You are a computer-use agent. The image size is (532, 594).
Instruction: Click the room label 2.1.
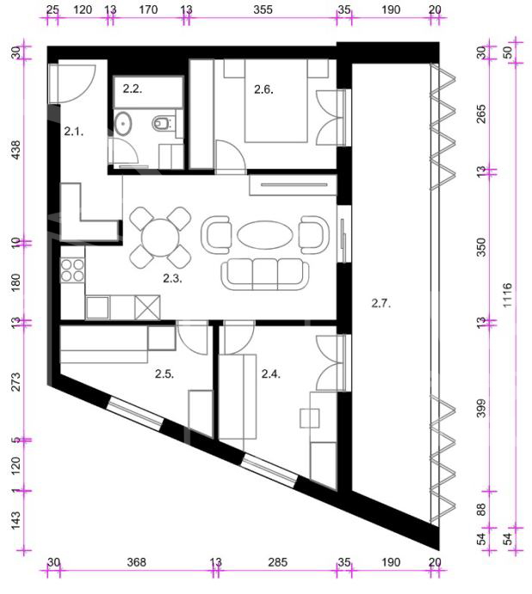73,132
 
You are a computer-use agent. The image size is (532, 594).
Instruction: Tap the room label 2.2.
133,89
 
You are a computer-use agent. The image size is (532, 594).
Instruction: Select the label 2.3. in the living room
172,278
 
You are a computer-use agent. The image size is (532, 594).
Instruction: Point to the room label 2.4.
271,374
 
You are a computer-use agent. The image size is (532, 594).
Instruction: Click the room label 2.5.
164,374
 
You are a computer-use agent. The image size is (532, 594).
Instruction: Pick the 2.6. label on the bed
263,90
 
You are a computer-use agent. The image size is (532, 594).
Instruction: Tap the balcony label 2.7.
380,303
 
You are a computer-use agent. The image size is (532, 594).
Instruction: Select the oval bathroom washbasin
123,123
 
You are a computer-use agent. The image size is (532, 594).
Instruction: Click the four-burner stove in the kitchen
73,270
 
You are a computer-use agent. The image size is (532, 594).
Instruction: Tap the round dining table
160,238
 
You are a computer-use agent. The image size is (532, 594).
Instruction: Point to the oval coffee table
265,235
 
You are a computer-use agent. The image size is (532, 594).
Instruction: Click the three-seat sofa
265,275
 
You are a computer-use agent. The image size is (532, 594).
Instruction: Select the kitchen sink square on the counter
98,307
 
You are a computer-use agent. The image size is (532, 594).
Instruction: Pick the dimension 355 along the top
263,9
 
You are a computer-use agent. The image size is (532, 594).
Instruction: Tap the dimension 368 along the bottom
136,562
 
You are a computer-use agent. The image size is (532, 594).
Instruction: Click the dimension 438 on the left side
15,150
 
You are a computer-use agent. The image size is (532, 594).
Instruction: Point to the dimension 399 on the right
481,408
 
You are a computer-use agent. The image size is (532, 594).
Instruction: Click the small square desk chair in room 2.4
310,418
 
